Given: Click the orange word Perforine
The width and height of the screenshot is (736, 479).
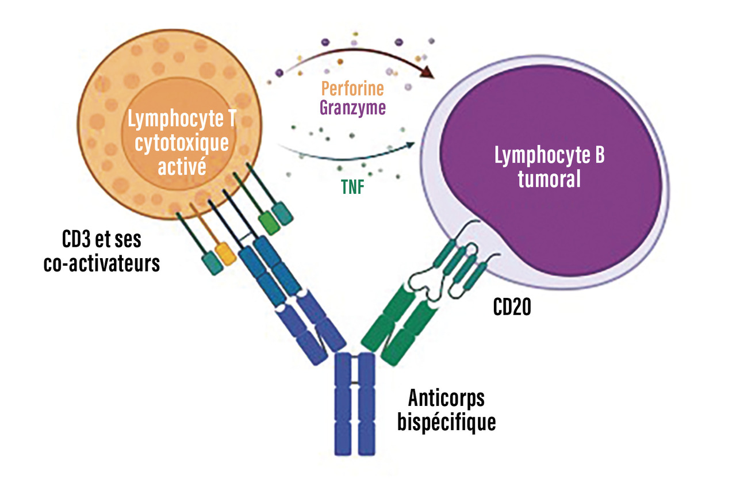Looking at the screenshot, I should coord(352,89).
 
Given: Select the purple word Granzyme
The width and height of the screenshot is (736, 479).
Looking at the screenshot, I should coord(352,108).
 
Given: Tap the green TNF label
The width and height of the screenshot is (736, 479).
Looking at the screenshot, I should coord(352,187).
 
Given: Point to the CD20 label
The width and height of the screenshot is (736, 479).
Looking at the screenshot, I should coord(512,308).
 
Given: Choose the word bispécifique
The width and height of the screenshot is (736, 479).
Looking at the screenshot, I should coord(447,422).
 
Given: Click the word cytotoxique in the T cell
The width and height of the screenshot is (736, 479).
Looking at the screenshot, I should coord(181,144).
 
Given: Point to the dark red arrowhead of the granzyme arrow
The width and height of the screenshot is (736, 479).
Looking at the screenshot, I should coord(427,72).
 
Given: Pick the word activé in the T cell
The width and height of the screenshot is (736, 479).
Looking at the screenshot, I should coord(181,167).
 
